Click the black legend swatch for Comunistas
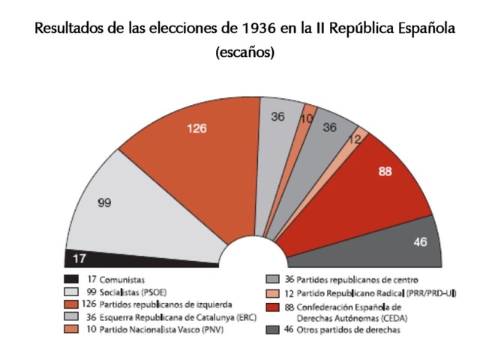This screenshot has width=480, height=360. point(73,279)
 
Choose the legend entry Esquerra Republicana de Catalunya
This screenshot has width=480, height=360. point(157,316)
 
